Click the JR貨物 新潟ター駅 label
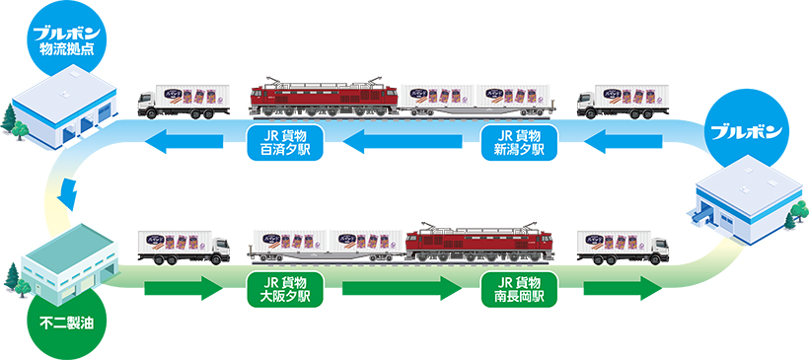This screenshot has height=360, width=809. pyautogui.click(x=518, y=144)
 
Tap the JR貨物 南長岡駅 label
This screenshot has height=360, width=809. pyautogui.click(x=518, y=289)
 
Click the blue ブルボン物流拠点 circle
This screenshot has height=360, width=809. pyautogui.click(x=68, y=38)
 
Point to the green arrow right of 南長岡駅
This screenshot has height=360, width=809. pyautogui.click(x=622, y=291)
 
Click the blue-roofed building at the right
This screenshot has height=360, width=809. pyautogui.click(x=746, y=202)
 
